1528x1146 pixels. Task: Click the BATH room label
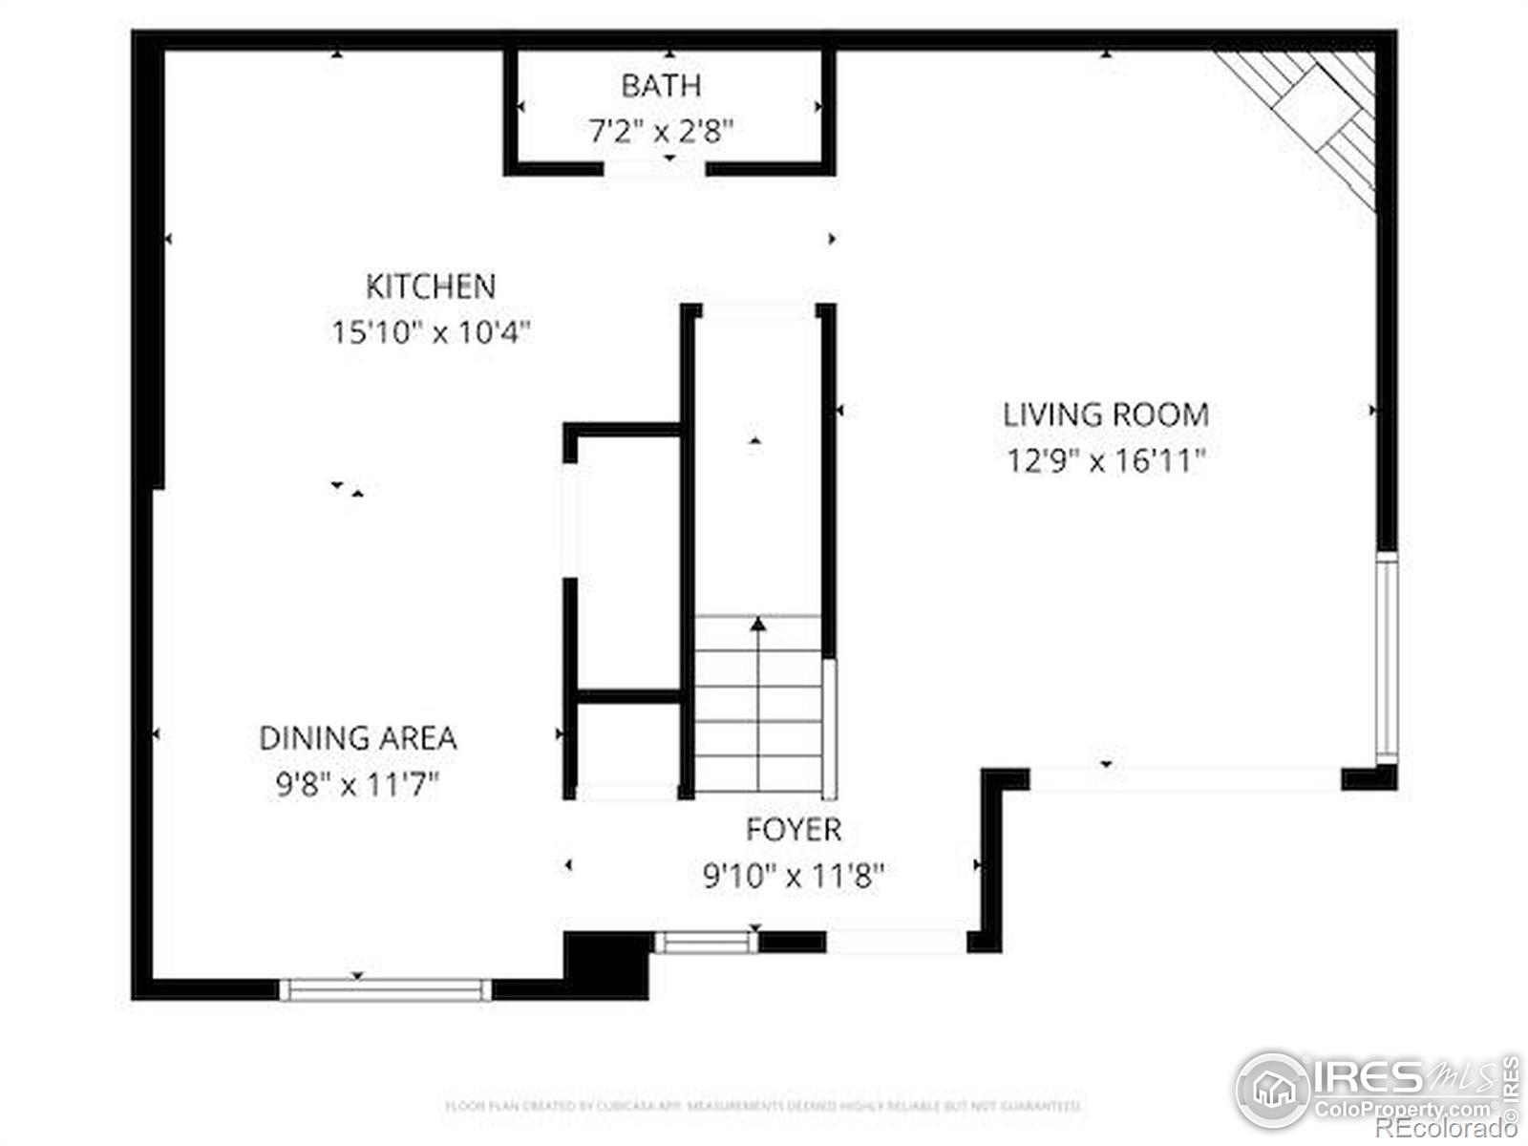tap(661, 86)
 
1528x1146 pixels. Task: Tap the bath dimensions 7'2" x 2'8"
tap(661, 131)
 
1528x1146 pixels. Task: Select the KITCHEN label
tap(431, 286)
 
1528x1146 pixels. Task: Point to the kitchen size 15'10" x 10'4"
tap(431, 332)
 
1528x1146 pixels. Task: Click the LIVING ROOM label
tap(1106, 414)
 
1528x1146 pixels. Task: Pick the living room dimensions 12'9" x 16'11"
tap(1106, 461)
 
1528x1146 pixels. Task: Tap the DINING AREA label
tap(358, 738)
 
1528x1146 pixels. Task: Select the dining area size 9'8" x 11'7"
tap(358, 785)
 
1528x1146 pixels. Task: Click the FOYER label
tap(794, 830)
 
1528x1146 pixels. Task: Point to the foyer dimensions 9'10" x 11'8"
tap(794, 876)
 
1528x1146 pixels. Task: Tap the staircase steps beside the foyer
tap(758, 707)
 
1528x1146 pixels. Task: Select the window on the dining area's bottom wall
tap(385, 989)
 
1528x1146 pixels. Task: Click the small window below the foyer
tap(706, 944)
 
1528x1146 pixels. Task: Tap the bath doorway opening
tap(654, 170)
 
